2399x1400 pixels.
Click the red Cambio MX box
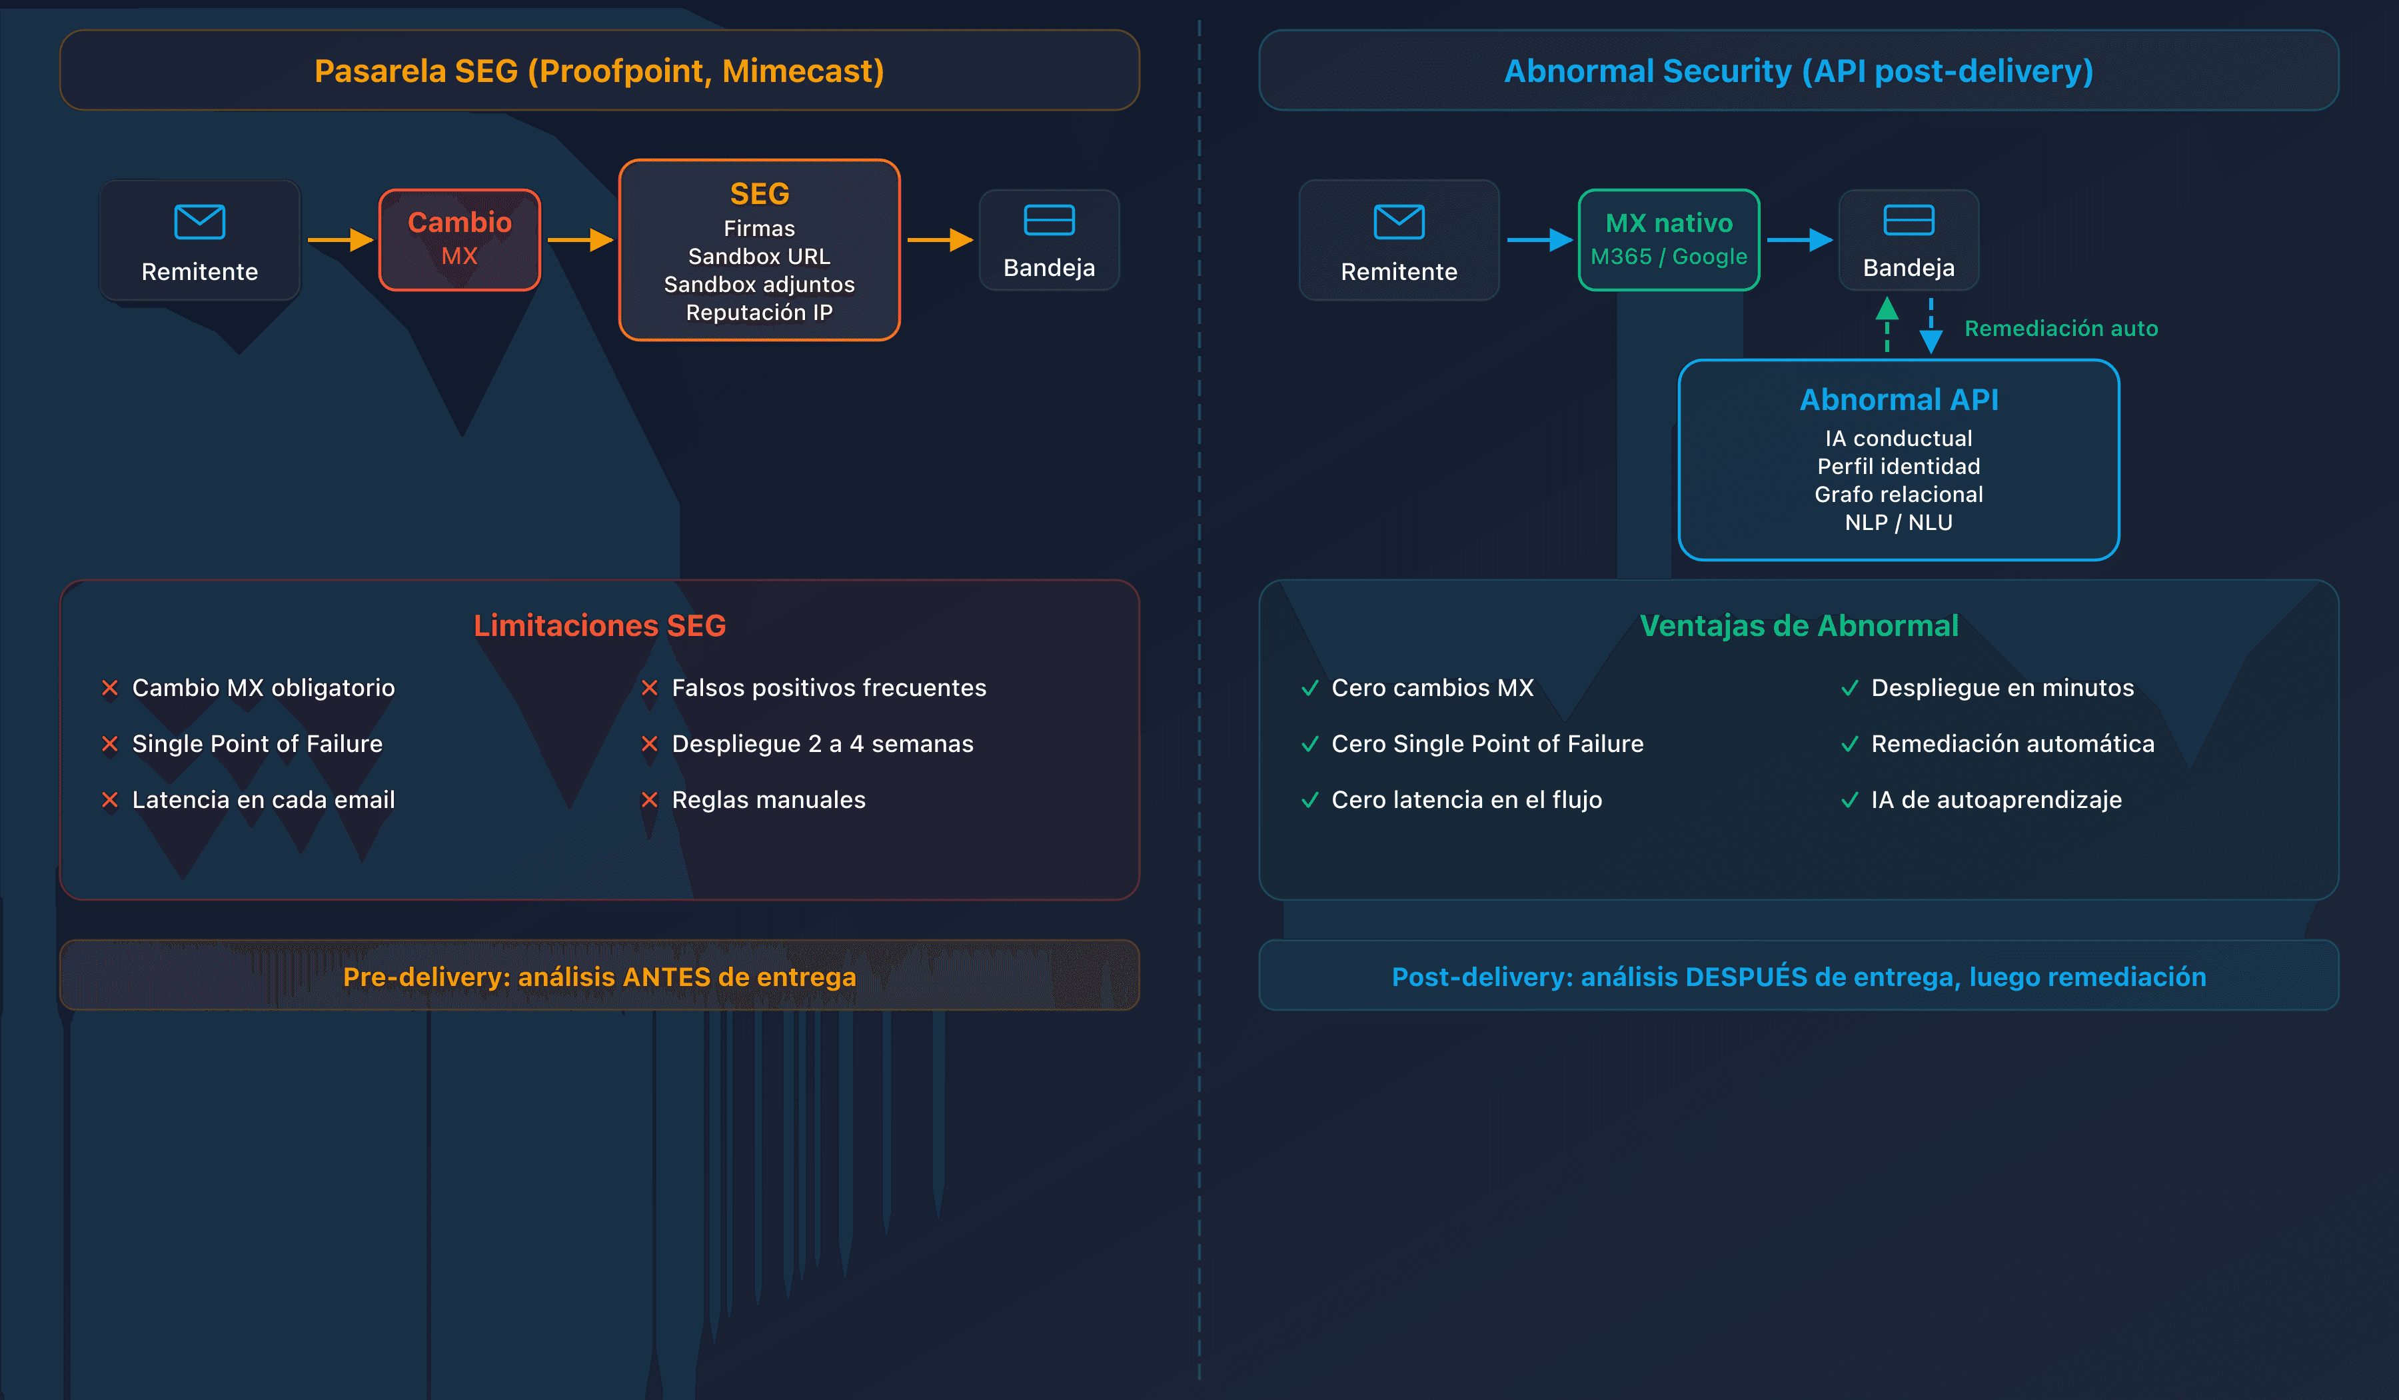459,239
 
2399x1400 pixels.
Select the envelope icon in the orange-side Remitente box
199,222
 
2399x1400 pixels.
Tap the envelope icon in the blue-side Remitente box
1399,222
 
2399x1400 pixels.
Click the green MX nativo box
1668,239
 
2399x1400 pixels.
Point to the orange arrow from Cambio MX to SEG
580,239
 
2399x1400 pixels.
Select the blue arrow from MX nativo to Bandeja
1799,239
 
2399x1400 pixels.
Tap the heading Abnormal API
1899,399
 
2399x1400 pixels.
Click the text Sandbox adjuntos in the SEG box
759,285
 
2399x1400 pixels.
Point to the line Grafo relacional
1899,494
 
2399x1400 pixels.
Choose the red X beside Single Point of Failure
109,744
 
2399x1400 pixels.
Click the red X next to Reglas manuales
649,800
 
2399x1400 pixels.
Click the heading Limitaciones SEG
599,626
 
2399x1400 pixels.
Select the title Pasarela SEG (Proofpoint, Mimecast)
599,71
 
